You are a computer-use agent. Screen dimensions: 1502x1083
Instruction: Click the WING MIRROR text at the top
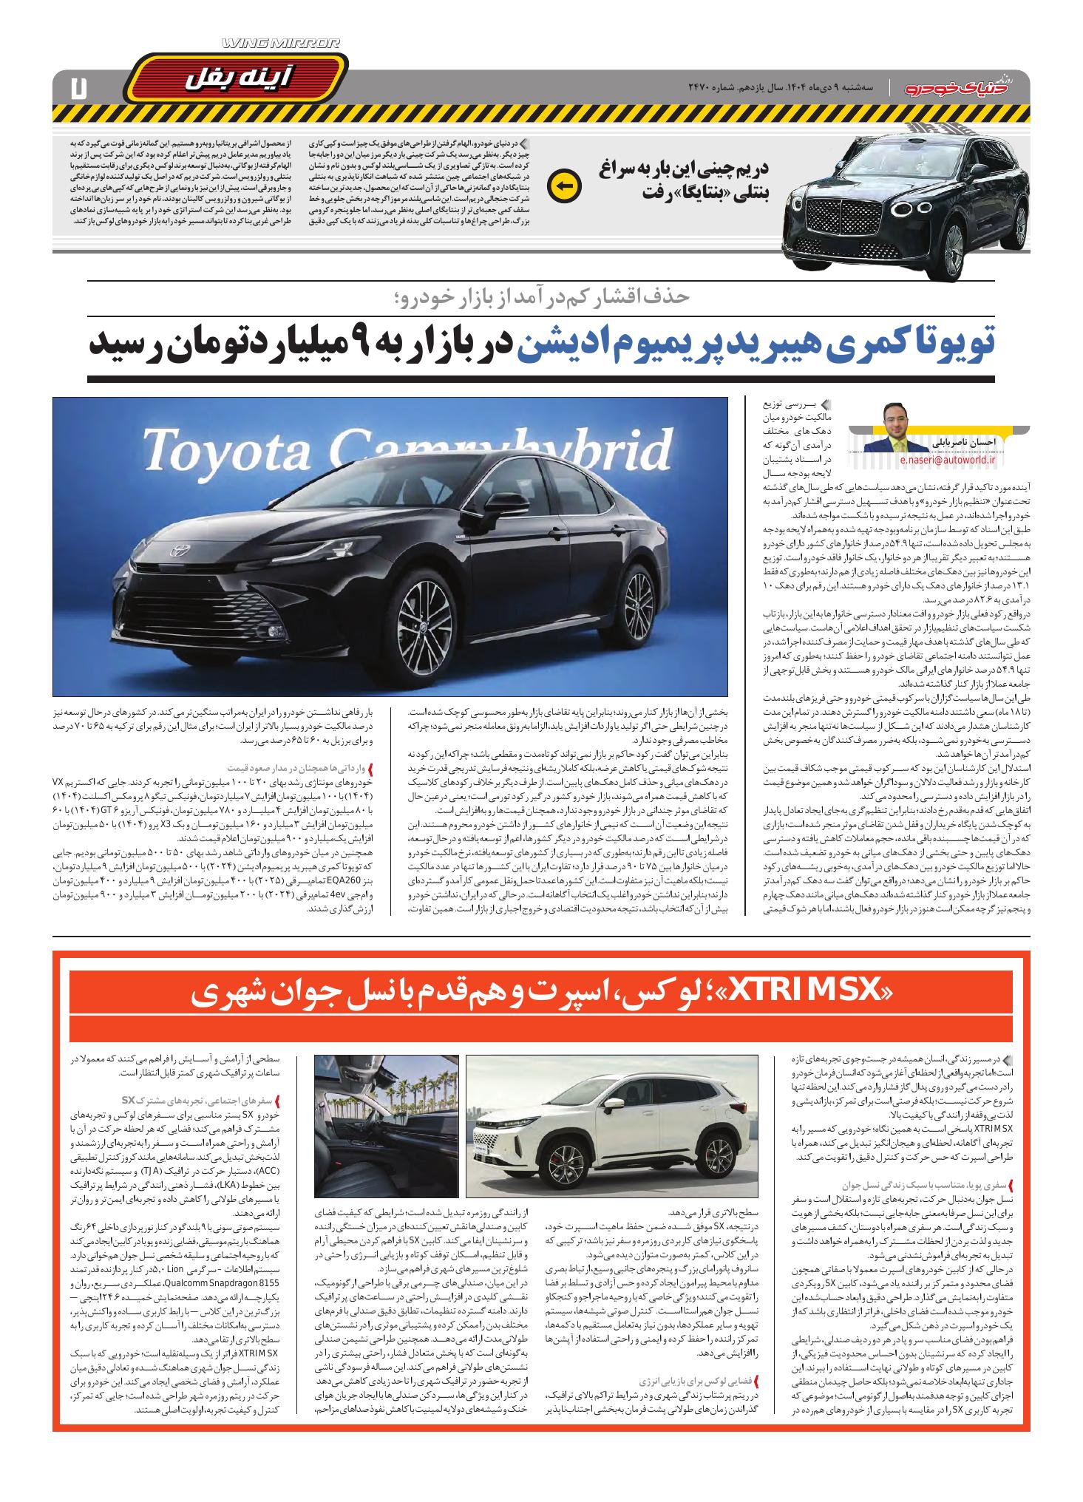coord(281,44)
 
